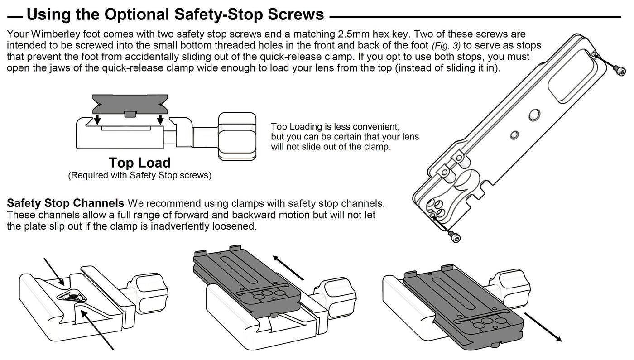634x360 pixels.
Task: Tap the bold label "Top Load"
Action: [x=139, y=163]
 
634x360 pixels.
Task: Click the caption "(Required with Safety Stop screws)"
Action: [x=139, y=175]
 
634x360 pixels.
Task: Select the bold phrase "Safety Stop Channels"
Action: [x=66, y=202]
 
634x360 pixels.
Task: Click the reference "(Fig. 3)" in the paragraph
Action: [x=445, y=46]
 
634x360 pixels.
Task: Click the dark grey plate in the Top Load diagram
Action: [x=130, y=103]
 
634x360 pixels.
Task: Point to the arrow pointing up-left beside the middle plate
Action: [x=288, y=267]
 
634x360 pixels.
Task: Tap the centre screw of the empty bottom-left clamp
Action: [x=71, y=297]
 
